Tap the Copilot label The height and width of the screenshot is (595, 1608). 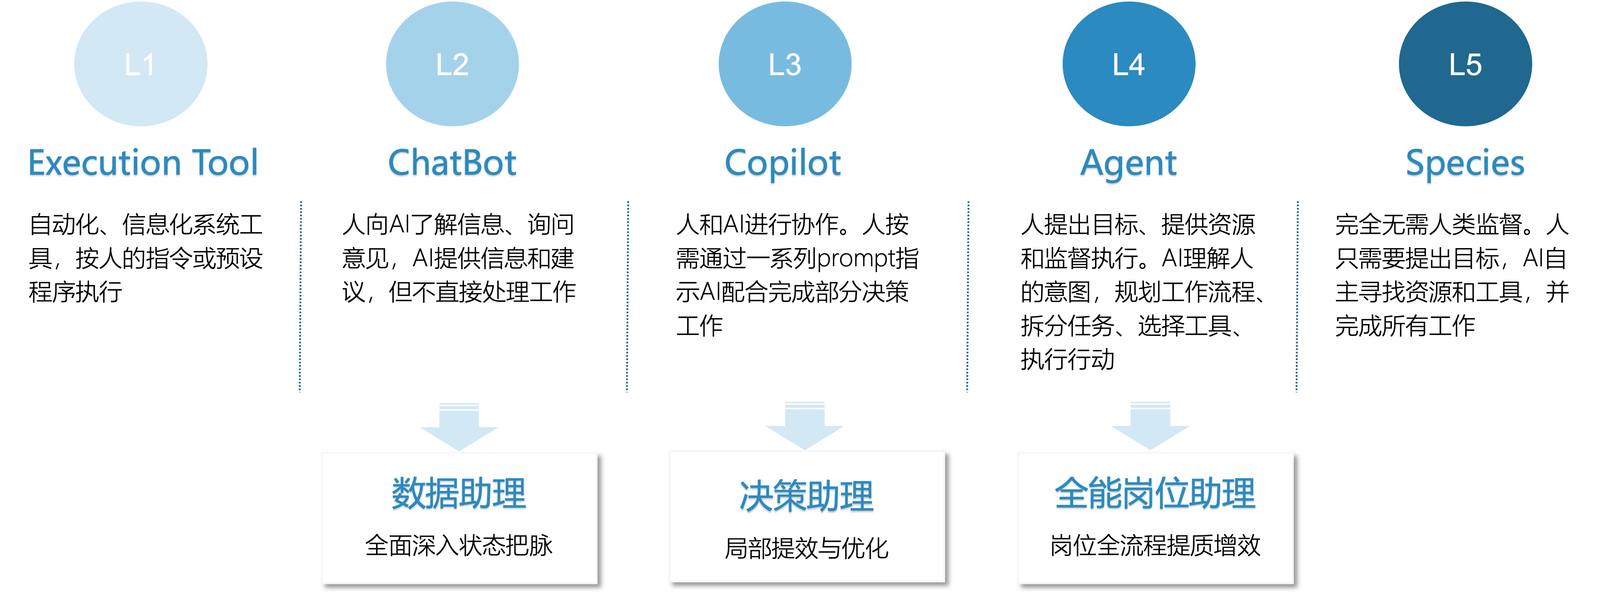(783, 165)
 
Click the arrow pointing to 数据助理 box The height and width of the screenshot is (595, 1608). (459, 427)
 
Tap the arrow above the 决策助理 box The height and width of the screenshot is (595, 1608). (805, 426)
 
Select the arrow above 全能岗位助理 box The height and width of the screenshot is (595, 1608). (1151, 426)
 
